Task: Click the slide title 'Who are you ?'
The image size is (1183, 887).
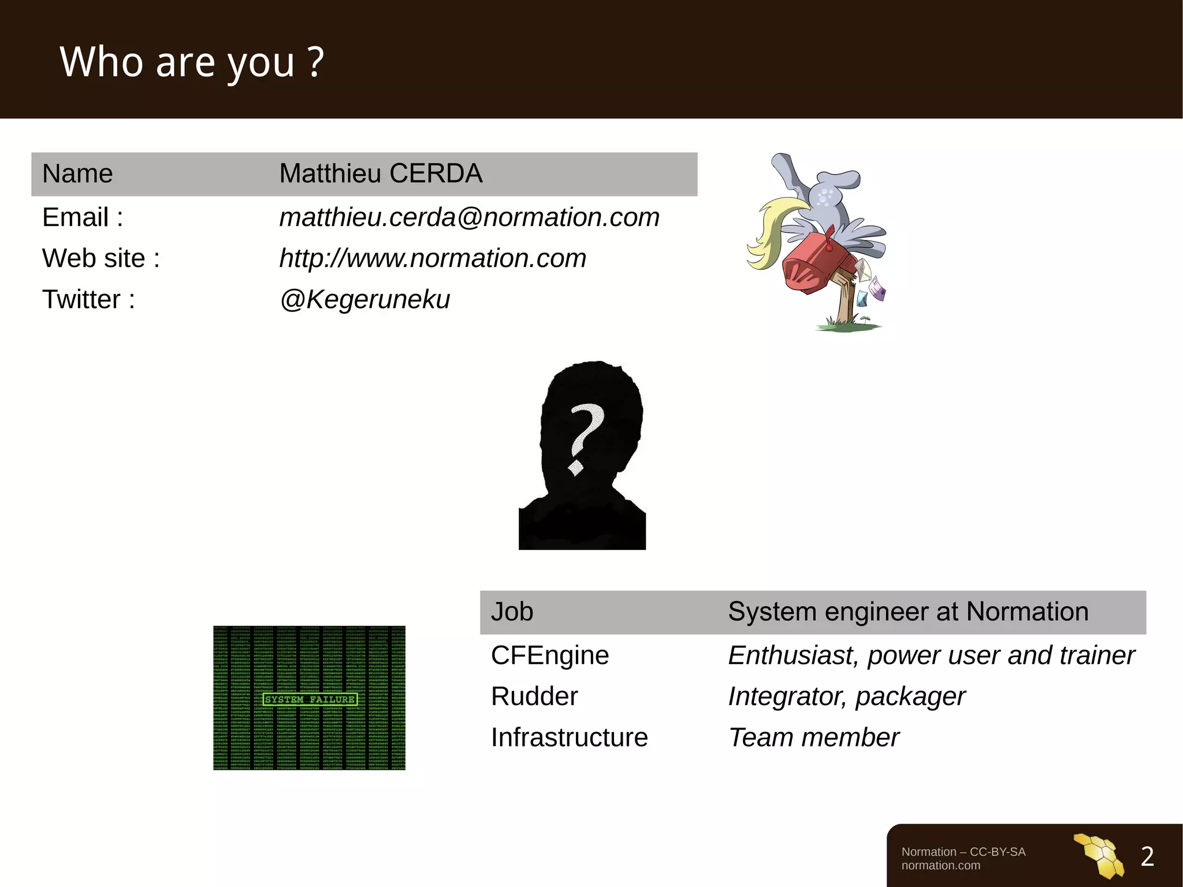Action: [x=192, y=62]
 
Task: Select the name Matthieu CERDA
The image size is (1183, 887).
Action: [x=380, y=173]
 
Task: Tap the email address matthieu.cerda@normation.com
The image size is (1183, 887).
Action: [x=469, y=218]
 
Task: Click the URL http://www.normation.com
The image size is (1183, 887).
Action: [x=433, y=258]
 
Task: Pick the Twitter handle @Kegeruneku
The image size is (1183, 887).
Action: [x=364, y=299]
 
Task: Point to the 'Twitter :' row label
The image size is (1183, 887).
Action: [x=88, y=299]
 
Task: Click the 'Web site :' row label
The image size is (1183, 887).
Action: [x=101, y=258]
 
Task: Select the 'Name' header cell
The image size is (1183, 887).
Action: [x=77, y=173]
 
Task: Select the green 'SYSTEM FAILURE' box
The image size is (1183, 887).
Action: [x=310, y=699]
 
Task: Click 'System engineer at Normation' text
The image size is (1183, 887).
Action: [x=908, y=611]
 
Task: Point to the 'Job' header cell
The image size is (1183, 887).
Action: [x=512, y=611]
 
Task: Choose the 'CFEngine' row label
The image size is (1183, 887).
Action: [x=550, y=655]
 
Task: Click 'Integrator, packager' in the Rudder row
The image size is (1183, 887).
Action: [x=846, y=696]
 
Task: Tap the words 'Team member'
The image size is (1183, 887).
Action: [x=813, y=737]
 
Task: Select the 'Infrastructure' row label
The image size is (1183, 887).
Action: [x=569, y=737]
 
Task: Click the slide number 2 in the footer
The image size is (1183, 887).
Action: [x=1147, y=856]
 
